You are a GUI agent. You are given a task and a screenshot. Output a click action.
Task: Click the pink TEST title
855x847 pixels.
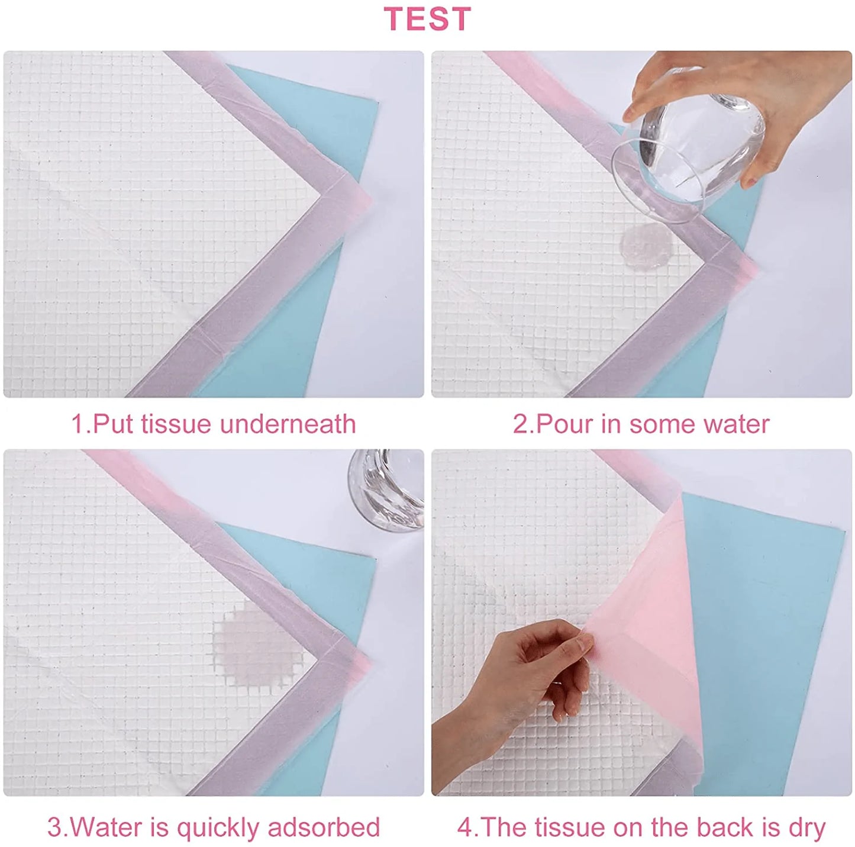(x=427, y=19)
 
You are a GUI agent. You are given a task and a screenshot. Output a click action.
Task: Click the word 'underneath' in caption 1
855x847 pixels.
(x=288, y=424)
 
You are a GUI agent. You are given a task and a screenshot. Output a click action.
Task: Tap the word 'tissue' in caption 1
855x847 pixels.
(x=177, y=424)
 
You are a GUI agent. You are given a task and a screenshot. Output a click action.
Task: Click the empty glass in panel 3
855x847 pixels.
(x=386, y=488)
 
